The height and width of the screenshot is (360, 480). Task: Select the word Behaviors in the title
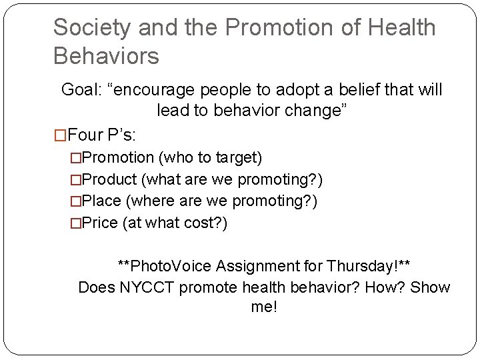106,56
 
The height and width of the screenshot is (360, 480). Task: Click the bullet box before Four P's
60,135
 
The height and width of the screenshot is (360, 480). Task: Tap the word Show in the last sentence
430,287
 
